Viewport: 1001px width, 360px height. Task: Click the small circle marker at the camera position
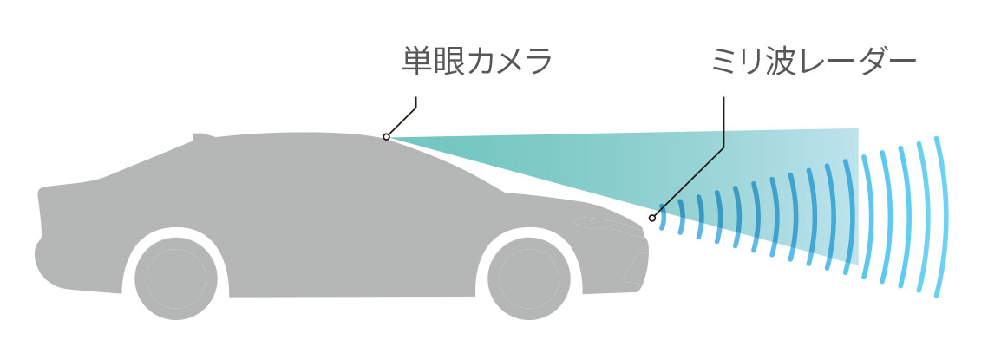pyautogui.click(x=386, y=137)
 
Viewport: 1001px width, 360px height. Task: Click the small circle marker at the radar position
pyautogui.click(x=652, y=218)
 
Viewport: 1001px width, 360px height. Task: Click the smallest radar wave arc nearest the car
pyautogui.click(x=664, y=218)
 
